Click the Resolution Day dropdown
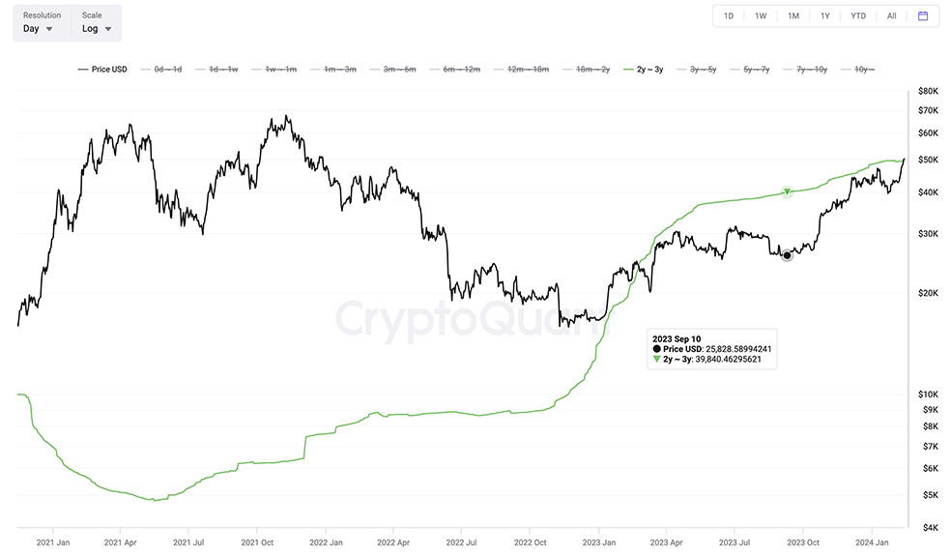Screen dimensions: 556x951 pyautogui.click(x=39, y=29)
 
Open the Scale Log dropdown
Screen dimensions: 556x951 pyautogui.click(x=97, y=29)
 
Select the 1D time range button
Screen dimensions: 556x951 pyautogui.click(x=729, y=16)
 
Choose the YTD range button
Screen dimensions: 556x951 pyautogui.click(x=858, y=16)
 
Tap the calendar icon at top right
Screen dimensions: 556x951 pyautogui.click(x=923, y=16)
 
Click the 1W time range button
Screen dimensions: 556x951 pyautogui.click(x=761, y=16)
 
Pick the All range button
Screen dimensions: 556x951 pyautogui.click(x=891, y=16)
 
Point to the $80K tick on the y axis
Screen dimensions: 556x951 pyautogui.click(x=929, y=91)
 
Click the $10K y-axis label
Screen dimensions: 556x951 pyautogui.click(x=929, y=395)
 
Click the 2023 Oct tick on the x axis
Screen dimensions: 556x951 pyautogui.click(x=804, y=543)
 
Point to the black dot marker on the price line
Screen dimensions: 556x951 pyautogui.click(x=787, y=255)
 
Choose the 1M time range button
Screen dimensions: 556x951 pyautogui.click(x=793, y=16)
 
